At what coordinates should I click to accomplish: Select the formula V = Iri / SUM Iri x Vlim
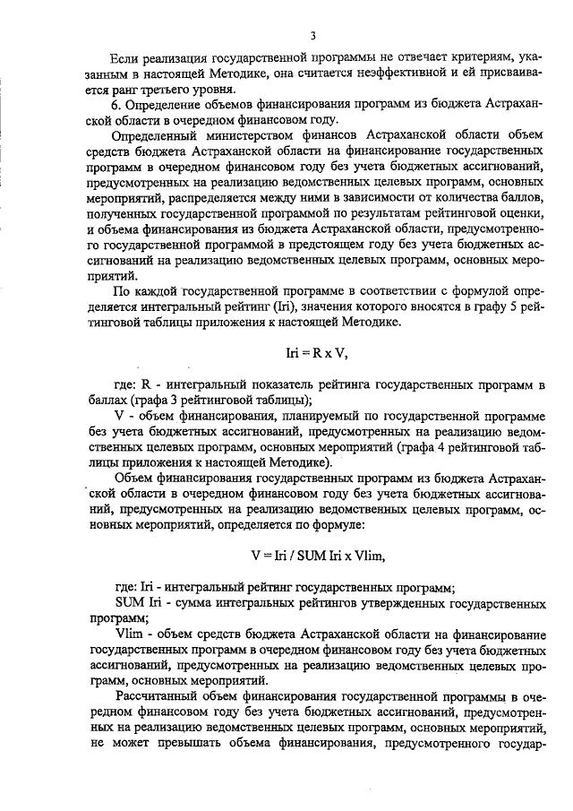tap(318, 555)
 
